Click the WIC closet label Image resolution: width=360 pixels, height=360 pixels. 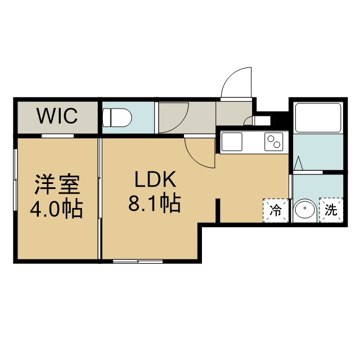click(57, 116)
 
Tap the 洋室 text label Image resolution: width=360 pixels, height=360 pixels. click(57, 184)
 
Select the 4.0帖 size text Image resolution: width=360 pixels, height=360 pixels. click(56, 209)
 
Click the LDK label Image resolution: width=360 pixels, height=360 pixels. click(155, 179)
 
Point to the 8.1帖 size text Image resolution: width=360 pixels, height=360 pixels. click(155, 204)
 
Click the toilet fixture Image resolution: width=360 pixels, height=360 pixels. click(117, 118)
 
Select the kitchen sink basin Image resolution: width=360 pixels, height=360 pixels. click(231, 142)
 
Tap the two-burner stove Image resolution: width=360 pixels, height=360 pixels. click(274, 142)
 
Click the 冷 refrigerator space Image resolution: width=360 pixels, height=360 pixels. click(276, 210)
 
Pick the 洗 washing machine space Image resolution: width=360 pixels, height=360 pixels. click(331, 210)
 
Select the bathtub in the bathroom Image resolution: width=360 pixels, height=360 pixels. click(318, 118)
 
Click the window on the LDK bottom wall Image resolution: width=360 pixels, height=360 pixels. click(138, 261)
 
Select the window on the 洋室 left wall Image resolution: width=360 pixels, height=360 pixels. click(15, 180)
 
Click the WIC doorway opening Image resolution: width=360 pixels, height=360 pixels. click(57, 136)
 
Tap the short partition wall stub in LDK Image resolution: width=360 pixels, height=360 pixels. click(218, 210)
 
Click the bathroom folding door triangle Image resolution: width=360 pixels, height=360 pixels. click(299, 163)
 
